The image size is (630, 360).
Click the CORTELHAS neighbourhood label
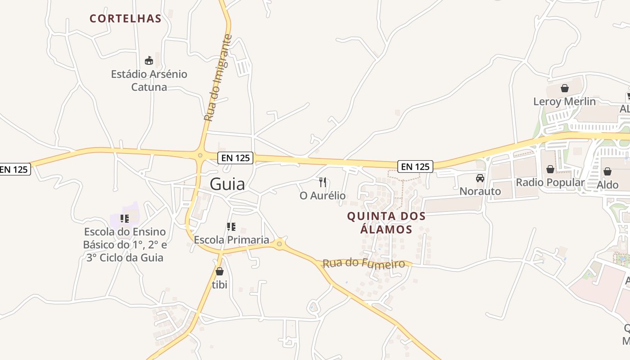(125, 18)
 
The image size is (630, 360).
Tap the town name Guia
(228, 184)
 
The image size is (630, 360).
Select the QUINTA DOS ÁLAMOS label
(386, 223)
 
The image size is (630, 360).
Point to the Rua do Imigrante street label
(218, 77)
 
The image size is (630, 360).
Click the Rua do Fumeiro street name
(364, 263)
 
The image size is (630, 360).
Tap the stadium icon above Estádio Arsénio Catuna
(149, 60)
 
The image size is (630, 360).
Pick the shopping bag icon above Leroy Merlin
(564, 88)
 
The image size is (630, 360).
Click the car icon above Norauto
(480, 178)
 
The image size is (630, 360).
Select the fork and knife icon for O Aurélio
(322, 182)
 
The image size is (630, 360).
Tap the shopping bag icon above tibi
(220, 271)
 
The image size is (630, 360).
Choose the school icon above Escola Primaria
(231, 226)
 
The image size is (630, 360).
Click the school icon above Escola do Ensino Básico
(124, 219)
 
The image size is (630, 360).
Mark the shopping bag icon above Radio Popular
(550, 169)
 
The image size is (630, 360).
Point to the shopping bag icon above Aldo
(607, 171)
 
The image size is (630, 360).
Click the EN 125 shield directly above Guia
(235, 158)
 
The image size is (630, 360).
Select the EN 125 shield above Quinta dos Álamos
(415, 166)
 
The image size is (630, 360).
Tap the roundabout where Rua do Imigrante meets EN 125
(200, 156)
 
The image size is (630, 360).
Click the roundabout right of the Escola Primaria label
(279, 244)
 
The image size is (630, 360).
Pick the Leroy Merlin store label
(564, 102)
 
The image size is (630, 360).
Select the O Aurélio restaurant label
(323, 196)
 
